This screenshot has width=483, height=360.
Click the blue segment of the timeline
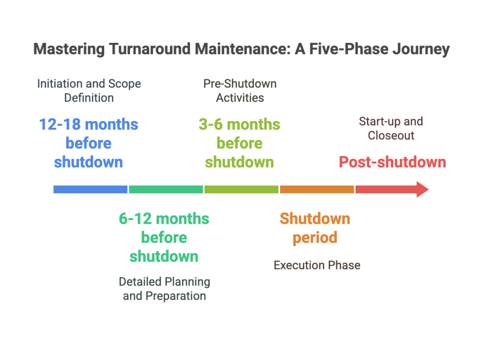[90, 189]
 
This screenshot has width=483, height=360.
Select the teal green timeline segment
[166, 189]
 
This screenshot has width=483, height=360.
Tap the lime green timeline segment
[241, 189]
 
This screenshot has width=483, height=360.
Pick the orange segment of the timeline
[316, 189]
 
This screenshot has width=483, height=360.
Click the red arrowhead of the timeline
[422, 189]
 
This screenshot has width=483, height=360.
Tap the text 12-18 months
[89, 125]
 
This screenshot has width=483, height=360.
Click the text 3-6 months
[239, 125]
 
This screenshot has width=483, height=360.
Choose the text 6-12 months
[164, 219]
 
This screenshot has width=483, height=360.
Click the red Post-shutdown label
[392, 162]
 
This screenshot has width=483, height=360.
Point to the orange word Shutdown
[315, 219]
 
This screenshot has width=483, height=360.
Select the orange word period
[315, 237]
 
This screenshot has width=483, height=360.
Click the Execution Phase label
[316, 265]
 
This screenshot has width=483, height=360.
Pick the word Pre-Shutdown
[240, 84]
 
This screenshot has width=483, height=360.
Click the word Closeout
[391, 136]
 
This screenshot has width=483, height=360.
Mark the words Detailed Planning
[164, 282]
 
